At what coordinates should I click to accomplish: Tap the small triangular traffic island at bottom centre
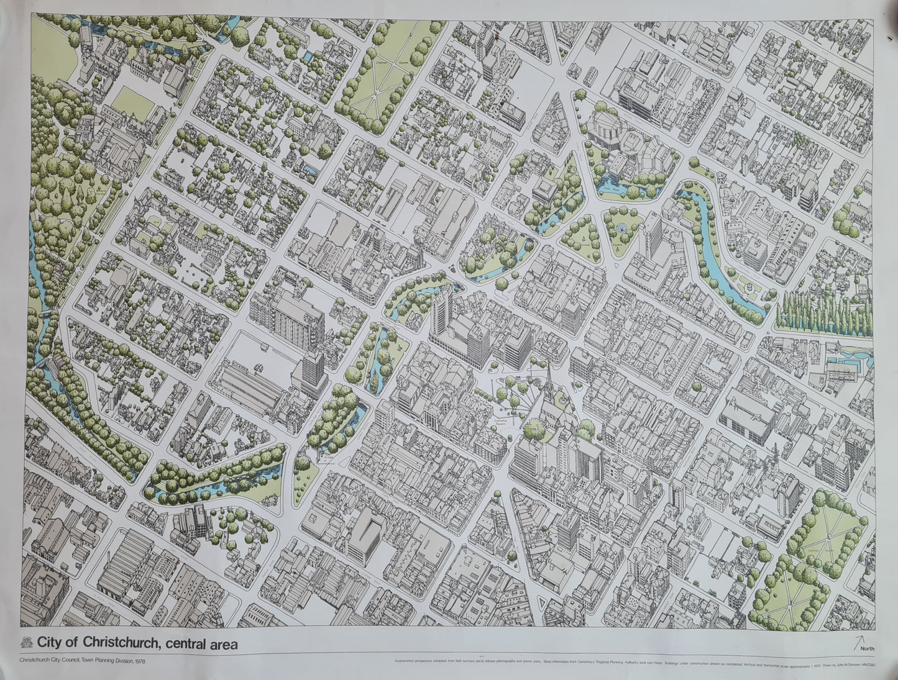541,604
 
